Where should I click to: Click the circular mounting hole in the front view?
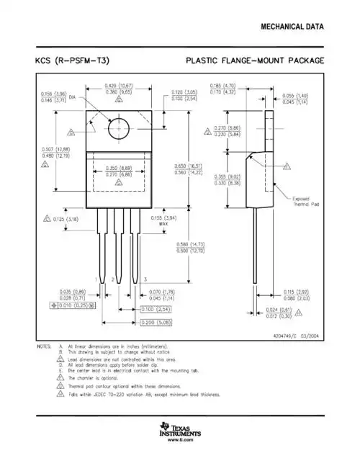point(118,130)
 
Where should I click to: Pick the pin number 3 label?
point(145,279)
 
